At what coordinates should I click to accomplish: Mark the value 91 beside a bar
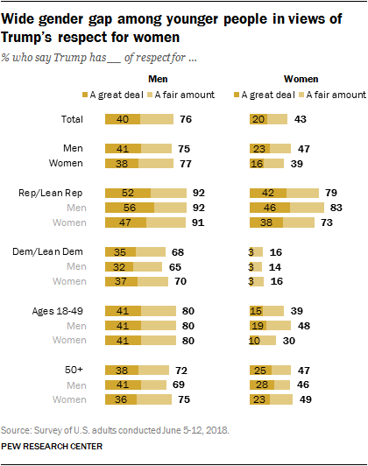(x=199, y=223)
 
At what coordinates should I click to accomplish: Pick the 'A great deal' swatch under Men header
(x=110, y=94)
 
